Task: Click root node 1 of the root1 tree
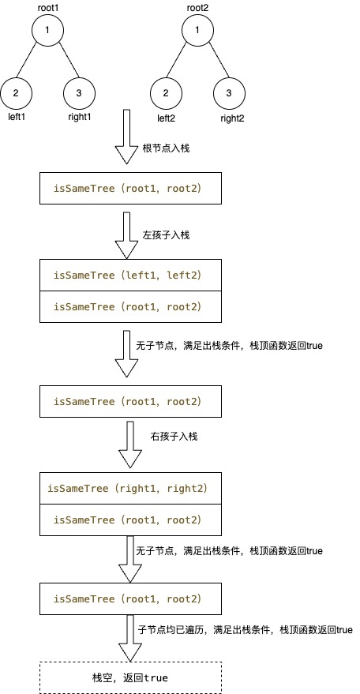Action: pyautogui.click(x=48, y=30)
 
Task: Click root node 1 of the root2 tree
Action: pyautogui.click(x=197, y=30)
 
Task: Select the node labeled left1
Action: pyautogui.click(x=17, y=93)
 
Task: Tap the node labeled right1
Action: pyautogui.click(x=79, y=93)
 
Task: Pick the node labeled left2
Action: pyautogui.click(x=166, y=93)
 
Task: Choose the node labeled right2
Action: pyautogui.click(x=229, y=93)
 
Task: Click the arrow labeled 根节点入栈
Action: pyautogui.click(x=126, y=137)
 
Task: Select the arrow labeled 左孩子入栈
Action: pyautogui.click(x=126, y=235)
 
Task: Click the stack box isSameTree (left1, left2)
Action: pyautogui.click(x=130, y=276)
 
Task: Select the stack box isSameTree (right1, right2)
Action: pyautogui.click(x=130, y=489)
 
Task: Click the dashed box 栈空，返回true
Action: pyautogui.click(x=130, y=677)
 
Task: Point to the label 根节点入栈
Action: pyautogui.click(x=166, y=148)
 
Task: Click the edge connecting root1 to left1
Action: pyautogui.click(x=32, y=62)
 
